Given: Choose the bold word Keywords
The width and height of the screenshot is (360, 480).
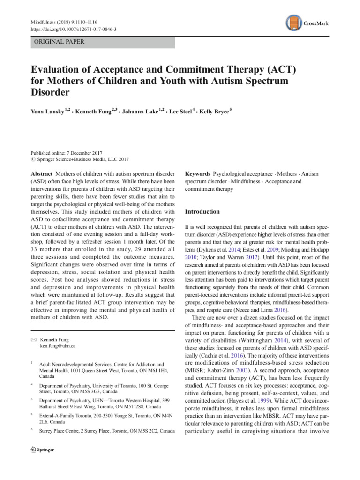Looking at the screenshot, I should point(197,174).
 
